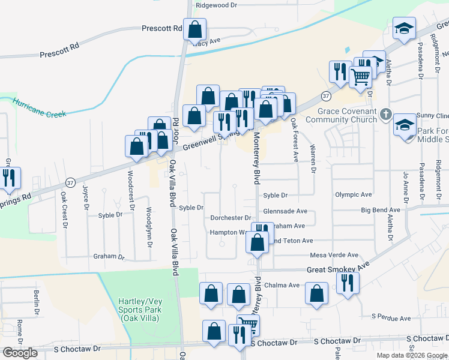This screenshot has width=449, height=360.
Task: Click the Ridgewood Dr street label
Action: point(217,5)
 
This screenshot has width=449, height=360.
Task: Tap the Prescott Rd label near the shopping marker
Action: point(161,28)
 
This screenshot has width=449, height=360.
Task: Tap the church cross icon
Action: point(388,113)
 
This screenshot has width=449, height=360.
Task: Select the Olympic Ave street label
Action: point(354,195)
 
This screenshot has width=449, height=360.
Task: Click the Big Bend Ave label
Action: point(380,211)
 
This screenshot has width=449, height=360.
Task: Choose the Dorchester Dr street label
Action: point(230,218)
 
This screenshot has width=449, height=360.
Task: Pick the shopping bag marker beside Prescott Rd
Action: point(194,29)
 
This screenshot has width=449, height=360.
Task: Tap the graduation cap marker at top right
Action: point(404,28)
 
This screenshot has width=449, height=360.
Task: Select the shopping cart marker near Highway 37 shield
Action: point(360,76)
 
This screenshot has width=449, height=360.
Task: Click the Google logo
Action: point(20,353)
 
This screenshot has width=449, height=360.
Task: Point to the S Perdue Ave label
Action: point(391,317)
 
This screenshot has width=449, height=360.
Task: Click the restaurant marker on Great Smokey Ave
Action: point(347,283)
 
